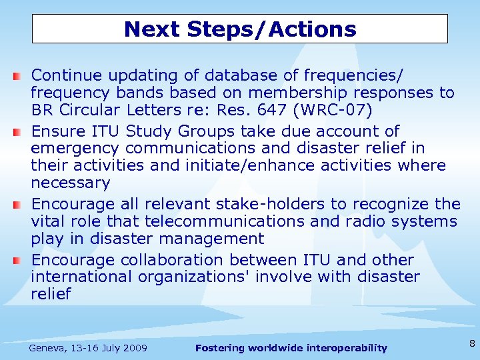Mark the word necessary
pos(70,183)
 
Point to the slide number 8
pos(471,344)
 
